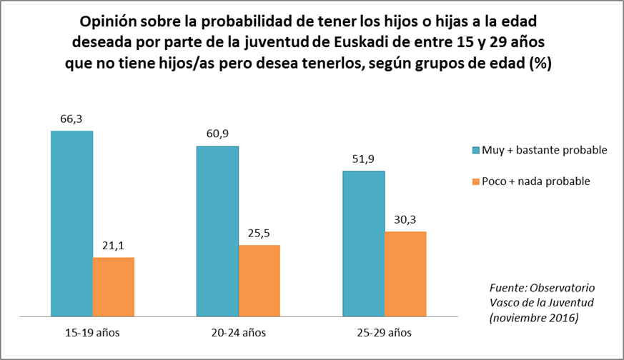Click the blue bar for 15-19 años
72,224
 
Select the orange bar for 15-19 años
114,286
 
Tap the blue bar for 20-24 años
218,231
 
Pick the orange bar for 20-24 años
259,280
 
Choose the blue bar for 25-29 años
364,243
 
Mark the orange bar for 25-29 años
405,274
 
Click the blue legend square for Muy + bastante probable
476,150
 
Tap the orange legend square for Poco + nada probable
476,181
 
